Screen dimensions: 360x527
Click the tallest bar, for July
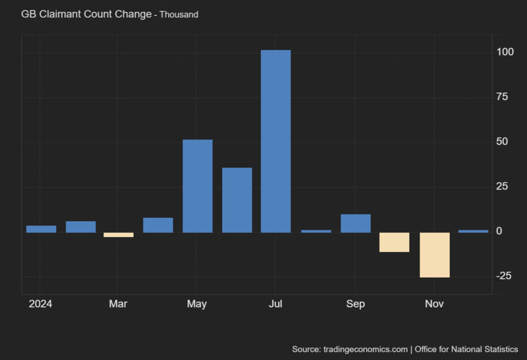(275, 141)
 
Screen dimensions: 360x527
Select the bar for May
(197, 186)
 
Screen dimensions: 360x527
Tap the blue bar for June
(236, 200)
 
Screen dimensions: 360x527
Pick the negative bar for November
(434, 255)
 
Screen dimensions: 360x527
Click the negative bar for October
(395, 242)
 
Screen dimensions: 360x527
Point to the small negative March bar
(119, 235)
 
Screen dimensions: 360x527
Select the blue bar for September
(355, 223)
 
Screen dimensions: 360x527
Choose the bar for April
(158, 225)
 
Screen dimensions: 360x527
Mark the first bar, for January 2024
(41, 229)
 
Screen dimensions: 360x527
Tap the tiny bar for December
(473, 231)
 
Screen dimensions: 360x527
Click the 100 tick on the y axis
(505, 52)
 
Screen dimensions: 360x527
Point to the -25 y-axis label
(504, 276)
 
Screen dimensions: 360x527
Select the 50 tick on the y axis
(504, 142)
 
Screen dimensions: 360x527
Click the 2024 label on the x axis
(40, 304)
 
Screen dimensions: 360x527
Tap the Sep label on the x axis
(355, 304)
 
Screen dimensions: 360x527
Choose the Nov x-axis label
(434, 304)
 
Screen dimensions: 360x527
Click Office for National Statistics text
(466, 348)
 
